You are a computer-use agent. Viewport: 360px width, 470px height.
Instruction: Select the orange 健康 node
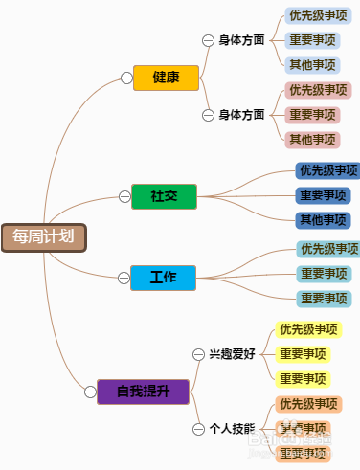pos(166,78)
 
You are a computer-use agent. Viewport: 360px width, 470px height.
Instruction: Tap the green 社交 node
pos(163,196)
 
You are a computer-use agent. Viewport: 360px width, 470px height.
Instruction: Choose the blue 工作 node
pos(162,278)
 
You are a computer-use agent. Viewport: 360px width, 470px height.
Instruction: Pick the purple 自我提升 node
pos(143,391)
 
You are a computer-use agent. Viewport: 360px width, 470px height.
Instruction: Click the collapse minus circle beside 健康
pos(125,78)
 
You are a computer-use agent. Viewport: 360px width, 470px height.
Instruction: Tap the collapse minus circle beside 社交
pos(124,196)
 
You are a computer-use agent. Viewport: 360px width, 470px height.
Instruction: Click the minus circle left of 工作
pos(123,278)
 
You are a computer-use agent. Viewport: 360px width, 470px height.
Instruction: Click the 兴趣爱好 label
pos(232,353)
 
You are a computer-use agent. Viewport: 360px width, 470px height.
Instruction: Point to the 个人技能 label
pos(232,429)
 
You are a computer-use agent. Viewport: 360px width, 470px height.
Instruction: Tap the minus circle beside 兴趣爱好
pos(198,353)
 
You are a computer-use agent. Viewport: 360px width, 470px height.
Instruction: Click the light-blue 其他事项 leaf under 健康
pos(313,65)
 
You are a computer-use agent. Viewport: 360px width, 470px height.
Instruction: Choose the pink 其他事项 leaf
pos(313,139)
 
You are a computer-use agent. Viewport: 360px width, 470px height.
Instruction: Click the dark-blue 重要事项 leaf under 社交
pos(323,195)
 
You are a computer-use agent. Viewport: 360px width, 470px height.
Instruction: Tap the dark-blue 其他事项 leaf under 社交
pos(323,220)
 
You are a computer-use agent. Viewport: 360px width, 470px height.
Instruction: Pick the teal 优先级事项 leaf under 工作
pos(327,249)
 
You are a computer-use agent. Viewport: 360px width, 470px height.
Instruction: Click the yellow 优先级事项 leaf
pos(308,330)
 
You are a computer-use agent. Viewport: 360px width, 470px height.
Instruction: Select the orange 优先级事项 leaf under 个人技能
pos(308,404)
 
